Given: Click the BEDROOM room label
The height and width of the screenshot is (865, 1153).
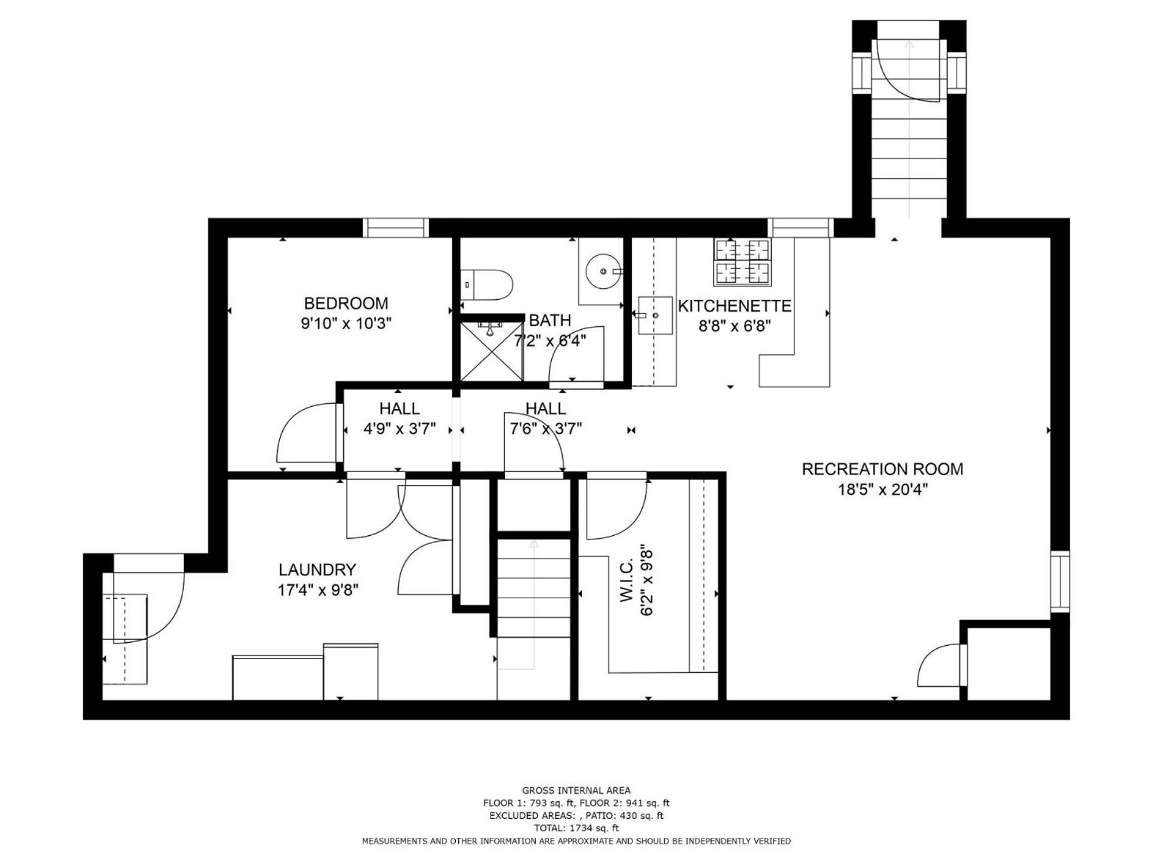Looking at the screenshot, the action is coord(346,303).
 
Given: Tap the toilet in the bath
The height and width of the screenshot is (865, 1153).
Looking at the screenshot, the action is coord(486,285).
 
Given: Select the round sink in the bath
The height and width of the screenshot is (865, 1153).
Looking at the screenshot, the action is coord(602,272).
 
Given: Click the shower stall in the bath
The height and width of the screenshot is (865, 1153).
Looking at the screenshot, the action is coord(491,350).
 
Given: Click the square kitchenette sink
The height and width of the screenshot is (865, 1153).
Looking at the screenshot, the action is coord(655,315).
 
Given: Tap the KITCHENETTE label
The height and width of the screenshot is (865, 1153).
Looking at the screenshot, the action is coord(734,306).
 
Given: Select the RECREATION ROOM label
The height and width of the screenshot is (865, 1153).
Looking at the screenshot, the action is coord(882,469).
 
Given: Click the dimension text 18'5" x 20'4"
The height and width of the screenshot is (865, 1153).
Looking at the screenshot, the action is coord(883,490).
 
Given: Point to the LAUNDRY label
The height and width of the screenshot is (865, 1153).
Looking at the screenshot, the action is coord(317,569).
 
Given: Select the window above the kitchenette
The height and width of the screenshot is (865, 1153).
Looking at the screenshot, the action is coord(800,228).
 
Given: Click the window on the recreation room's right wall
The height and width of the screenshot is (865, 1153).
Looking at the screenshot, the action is coord(1060,581).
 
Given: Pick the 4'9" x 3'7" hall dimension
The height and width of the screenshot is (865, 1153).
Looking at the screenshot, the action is coord(399,429).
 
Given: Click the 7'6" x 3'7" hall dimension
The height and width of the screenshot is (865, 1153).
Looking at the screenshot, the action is coord(546,429).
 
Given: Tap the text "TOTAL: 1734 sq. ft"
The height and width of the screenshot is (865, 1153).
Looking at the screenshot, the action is coord(576,828).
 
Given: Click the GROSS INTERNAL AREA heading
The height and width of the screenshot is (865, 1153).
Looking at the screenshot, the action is coord(576,791).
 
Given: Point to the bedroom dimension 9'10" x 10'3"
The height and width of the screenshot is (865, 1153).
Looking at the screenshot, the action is coord(346,324).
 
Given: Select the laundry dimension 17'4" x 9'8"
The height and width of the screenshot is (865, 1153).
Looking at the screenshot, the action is coord(318,590).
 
